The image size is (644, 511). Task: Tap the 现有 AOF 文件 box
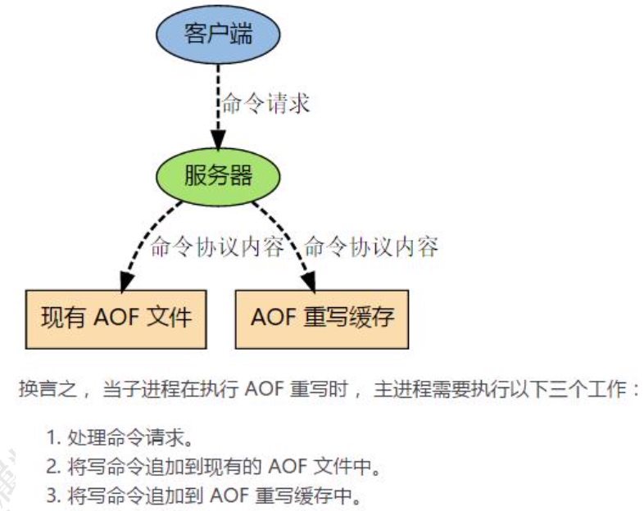click(x=116, y=317)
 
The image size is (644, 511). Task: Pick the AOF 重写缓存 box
click(x=321, y=317)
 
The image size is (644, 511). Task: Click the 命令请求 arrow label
click(x=266, y=105)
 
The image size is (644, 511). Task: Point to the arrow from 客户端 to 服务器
click(x=218, y=106)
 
